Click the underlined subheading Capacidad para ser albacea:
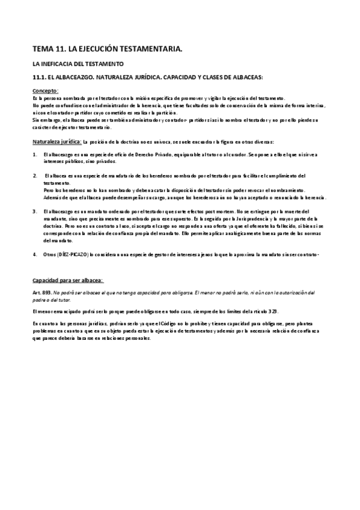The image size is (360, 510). (x=67, y=280)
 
